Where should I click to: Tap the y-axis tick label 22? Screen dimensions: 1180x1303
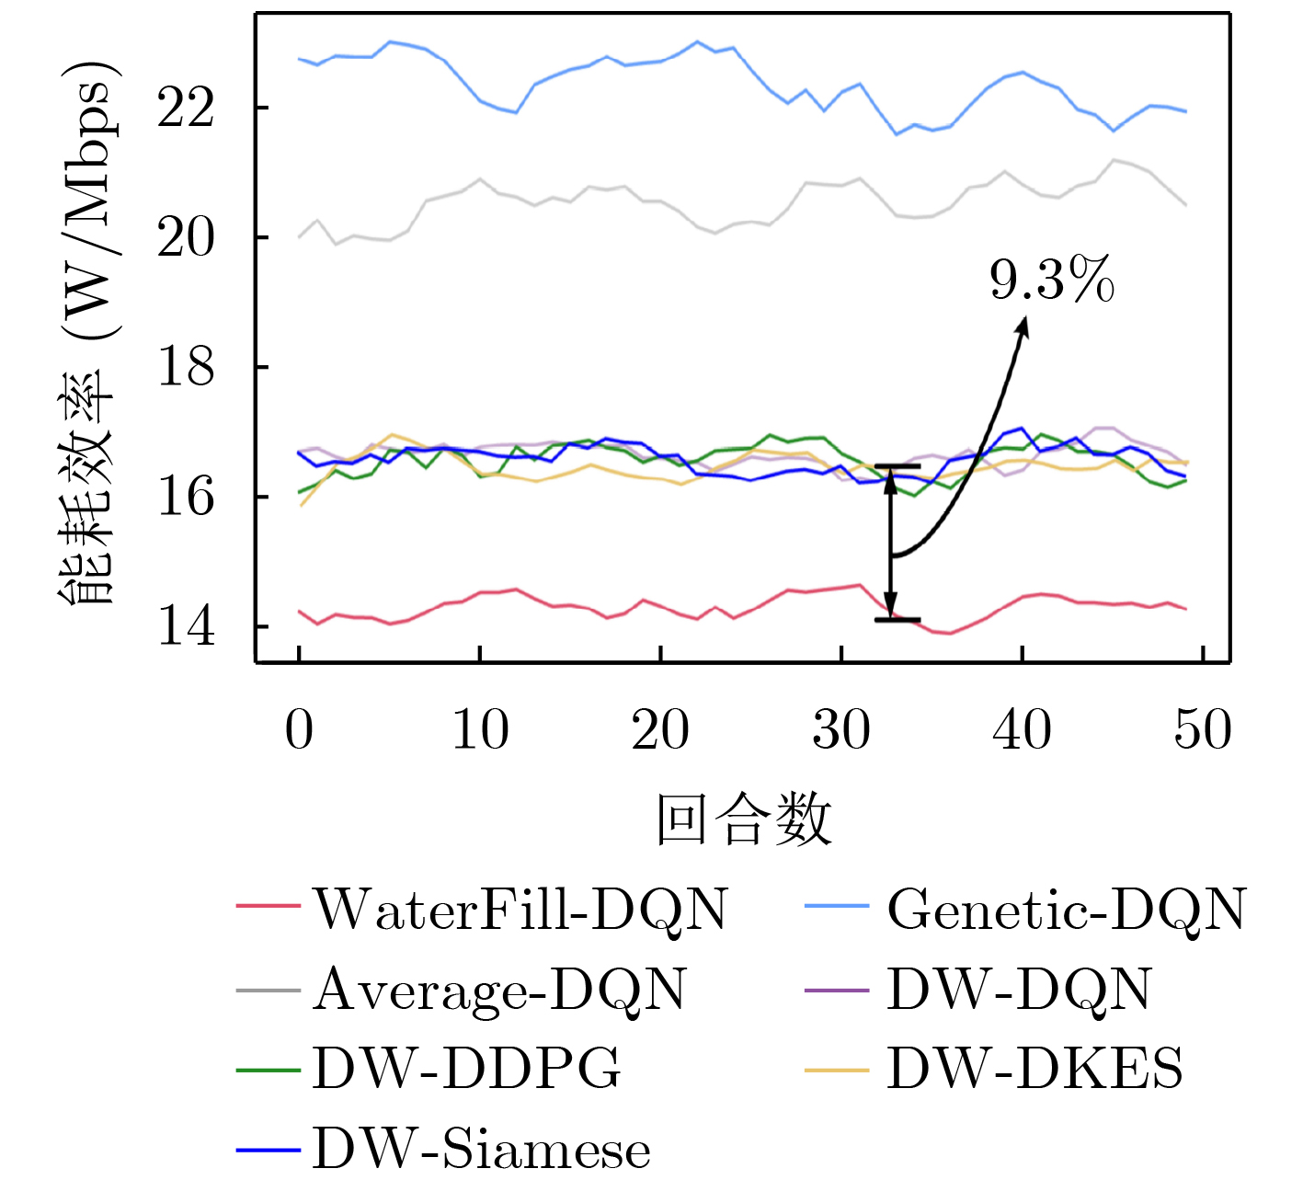(x=186, y=109)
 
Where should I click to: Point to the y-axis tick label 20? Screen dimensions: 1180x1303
(x=186, y=238)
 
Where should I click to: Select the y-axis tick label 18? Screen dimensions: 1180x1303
(x=186, y=368)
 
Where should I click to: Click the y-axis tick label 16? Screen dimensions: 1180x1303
(x=186, y=498)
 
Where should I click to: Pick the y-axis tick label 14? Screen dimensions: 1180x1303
(x=186, y=627)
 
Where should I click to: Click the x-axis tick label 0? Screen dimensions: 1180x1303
(x=299, y=730)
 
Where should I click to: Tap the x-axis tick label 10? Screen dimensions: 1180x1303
(x=480, y=730)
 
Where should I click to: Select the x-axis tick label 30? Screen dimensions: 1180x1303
(x=841, y=730)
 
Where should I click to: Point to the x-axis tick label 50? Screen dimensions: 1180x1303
(x=1203, y=730)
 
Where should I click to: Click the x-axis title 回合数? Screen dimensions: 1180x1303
(x=743, y=819)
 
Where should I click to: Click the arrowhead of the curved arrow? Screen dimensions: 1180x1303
(x=1024, y=322)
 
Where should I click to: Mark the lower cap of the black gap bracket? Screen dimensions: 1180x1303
(x=897, y=620)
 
